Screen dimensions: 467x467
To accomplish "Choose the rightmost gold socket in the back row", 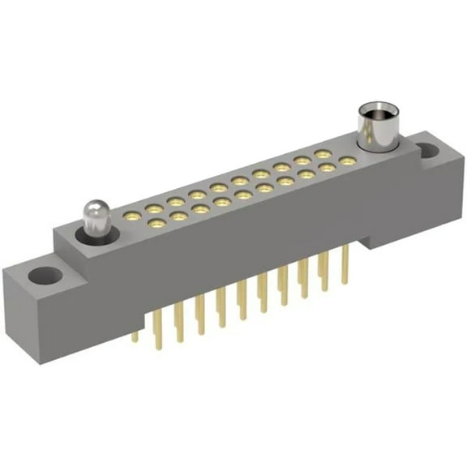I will pyautogui.click(x=323, y=153).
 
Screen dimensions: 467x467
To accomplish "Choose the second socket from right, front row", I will pyautogui.click(x=326, y=168).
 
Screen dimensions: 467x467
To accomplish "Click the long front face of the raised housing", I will pyautogui.click(x=227, y=251).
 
